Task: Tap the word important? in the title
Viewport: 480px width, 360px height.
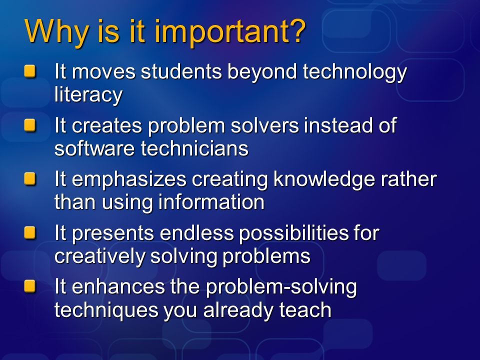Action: pyautogui.click(x=230, y=32)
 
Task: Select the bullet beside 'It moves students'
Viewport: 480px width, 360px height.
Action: pyautogui.click(x=30, y=71)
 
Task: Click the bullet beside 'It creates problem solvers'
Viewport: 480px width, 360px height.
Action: pyautogui.click(x=30, y=125)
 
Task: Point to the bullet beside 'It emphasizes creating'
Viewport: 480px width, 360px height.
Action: pyautogui.click(x=30, y=179)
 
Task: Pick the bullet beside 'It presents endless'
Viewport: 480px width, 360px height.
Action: pyautogui.click(x=30, y=232)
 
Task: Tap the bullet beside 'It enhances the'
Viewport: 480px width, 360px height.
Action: pyautogui.click(x=30, y=286)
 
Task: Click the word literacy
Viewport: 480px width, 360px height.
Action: pyautogui.click(x=88, y=95)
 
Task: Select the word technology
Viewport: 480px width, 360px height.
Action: pyautogui.click(x=354, y=72)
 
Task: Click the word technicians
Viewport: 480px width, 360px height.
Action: pyautogui.click(x=194, y=148)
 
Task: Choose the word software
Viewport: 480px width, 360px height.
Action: pyautogui.click(x=94, y=148)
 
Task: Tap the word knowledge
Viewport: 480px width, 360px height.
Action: pyautogui.click(x=324, y=179)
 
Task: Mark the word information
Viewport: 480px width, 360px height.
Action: pyautogui.click(x=211, y=202)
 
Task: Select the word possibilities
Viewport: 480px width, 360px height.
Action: pyautogui.click(x=293, y=234)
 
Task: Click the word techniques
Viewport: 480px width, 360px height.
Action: pyautogui.click(x=106, y=310)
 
